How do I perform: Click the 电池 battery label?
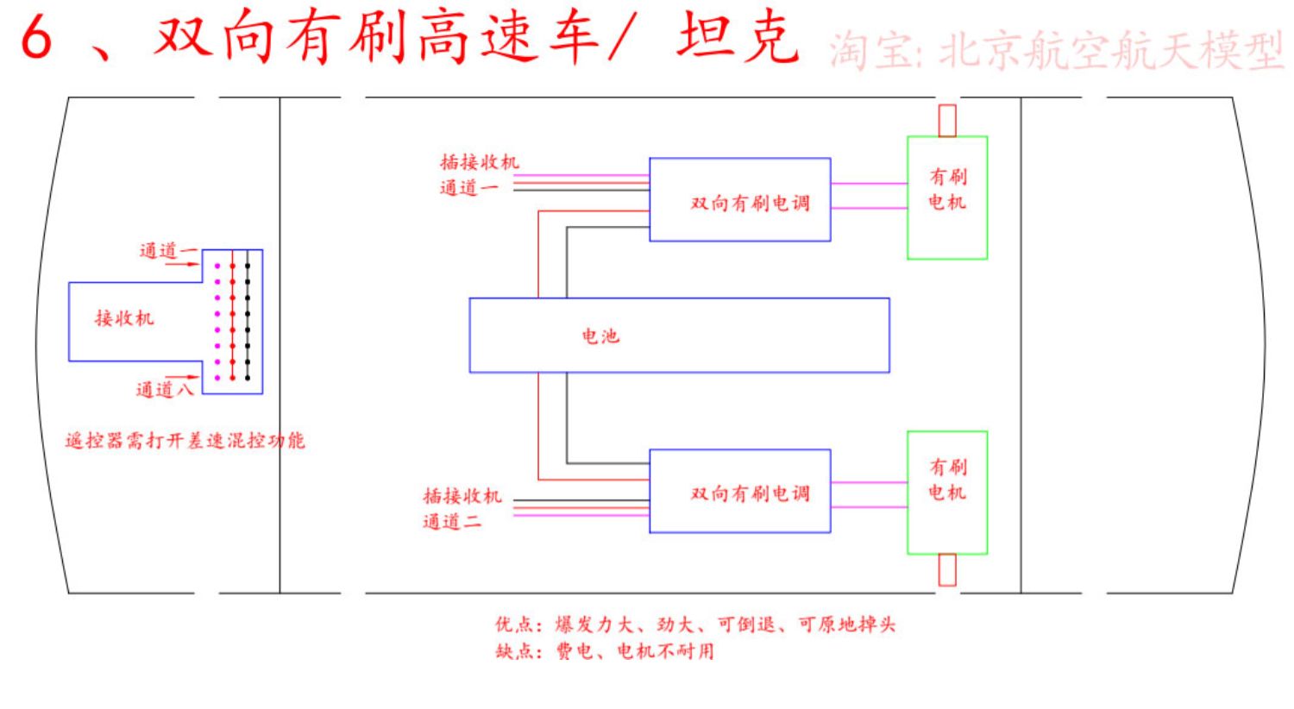tap(600, 336)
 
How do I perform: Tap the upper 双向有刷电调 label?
tap(751, 204)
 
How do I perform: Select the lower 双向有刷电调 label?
tap(751, 493)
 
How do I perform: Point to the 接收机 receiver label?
tap(125, 318)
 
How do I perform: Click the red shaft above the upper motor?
tap(947, 121)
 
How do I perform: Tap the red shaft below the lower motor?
tap(947, 570)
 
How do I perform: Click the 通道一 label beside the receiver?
tap(168, 251)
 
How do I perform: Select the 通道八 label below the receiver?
tap(166, 390)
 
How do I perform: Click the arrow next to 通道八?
tap(182, 377)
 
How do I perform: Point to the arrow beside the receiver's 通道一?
tap(182, 265)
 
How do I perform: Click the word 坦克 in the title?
tap(738, 37)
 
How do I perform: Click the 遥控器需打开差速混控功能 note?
tap(185, 441)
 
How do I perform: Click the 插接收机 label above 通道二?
tap(462, 496)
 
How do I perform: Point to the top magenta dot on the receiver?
tap(217, 267)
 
